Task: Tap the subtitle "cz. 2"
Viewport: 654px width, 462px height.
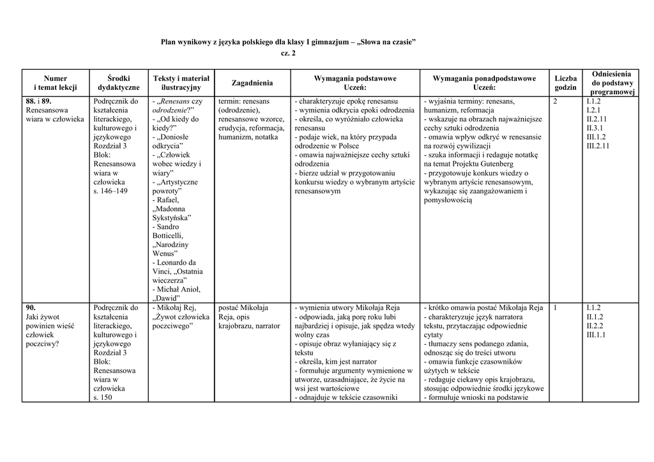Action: click(x=288, y=53)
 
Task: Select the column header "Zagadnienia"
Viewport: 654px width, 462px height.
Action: click(x=252, y=83)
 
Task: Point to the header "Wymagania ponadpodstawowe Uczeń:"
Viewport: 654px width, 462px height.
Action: click(x=484, y=83)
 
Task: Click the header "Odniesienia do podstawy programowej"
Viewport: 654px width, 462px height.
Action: click(x=612, y=83)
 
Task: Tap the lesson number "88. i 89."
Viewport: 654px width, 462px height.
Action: click(x=39, y=101)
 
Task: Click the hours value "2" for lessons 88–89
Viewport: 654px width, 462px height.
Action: click(x=554, y=101)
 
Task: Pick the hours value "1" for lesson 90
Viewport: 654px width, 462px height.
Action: click(x=554, y=308)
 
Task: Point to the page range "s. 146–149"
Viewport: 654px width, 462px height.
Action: click(x=110, y=191)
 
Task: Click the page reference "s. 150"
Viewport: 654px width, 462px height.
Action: click(x=103, y=397)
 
